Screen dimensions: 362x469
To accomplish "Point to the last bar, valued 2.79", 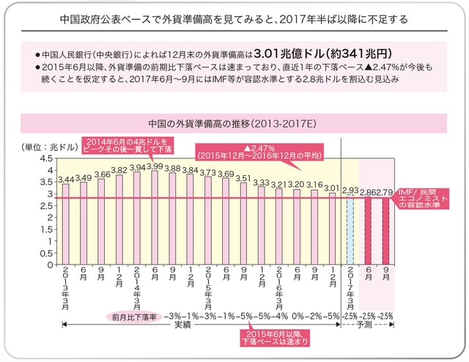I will (x=386, y=231).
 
